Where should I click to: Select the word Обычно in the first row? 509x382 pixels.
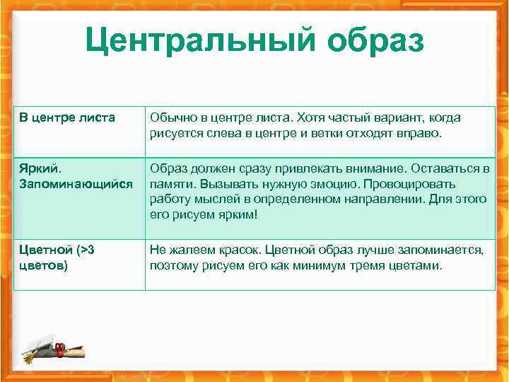coord(170,117)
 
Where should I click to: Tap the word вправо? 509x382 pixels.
coord(417,132)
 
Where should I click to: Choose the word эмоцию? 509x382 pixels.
coord(327,184)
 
